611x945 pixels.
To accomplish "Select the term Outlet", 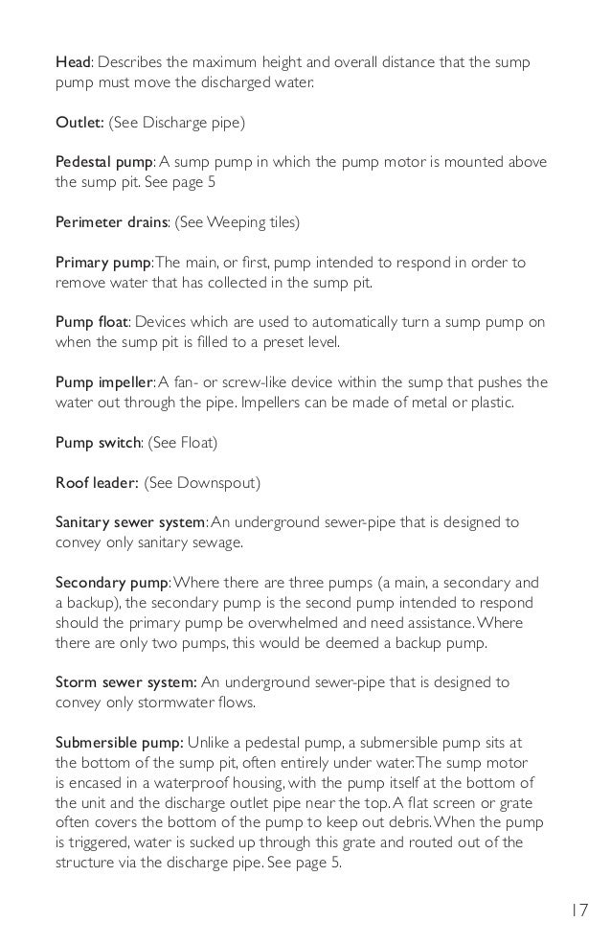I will coord(79,123).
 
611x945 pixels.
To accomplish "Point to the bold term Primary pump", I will coord(102,263).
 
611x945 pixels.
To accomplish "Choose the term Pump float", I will coord(92,322).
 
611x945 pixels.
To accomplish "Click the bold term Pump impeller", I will coord(105,382).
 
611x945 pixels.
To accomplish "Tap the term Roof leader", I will coord(96,482).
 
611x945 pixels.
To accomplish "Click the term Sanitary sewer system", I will coord(130,522).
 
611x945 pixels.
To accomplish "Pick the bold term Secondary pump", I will coord(112,582).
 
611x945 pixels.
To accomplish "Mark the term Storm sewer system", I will coord(125,681).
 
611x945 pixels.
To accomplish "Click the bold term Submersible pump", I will coord(119,742).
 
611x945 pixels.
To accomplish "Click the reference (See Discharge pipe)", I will coord(176,123).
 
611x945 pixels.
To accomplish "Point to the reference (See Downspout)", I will coord(201,482).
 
